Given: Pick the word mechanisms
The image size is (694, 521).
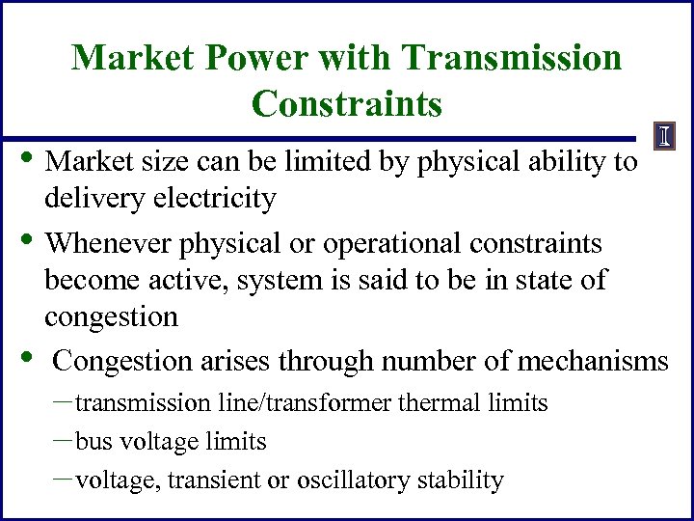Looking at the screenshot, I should point(593,361).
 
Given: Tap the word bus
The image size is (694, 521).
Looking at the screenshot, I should point(93,442).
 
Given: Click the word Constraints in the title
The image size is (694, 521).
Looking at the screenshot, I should point(347,103).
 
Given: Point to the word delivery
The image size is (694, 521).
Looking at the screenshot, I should point(90,199).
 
